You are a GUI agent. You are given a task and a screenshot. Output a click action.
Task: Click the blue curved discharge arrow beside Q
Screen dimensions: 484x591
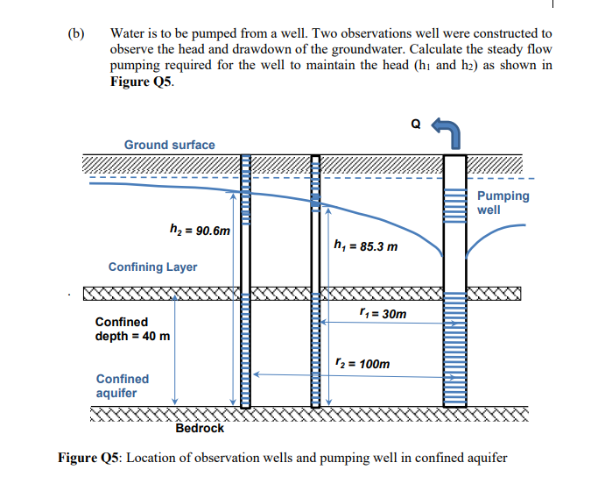point(448,132)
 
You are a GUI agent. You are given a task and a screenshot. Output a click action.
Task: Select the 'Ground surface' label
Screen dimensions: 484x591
point(169,145)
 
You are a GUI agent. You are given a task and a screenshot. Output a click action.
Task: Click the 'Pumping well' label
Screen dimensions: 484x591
point(503,203)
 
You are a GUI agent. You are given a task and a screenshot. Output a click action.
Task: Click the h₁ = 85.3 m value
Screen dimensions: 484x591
point(366,246)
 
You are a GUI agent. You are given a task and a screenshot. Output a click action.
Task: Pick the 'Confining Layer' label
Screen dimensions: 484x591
point(152,267)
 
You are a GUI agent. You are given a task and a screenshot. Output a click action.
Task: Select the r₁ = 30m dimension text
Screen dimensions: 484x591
point(383,313)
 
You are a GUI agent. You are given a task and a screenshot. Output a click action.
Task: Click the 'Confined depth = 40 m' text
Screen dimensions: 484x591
point(132,329)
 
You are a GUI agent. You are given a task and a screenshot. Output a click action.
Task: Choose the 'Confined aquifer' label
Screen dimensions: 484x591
point(122,386)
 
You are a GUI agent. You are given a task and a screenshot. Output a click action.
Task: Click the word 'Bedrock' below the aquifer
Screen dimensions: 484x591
point(199,429)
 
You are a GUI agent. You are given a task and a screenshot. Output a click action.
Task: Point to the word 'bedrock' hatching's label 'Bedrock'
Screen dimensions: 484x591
point(199,429)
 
